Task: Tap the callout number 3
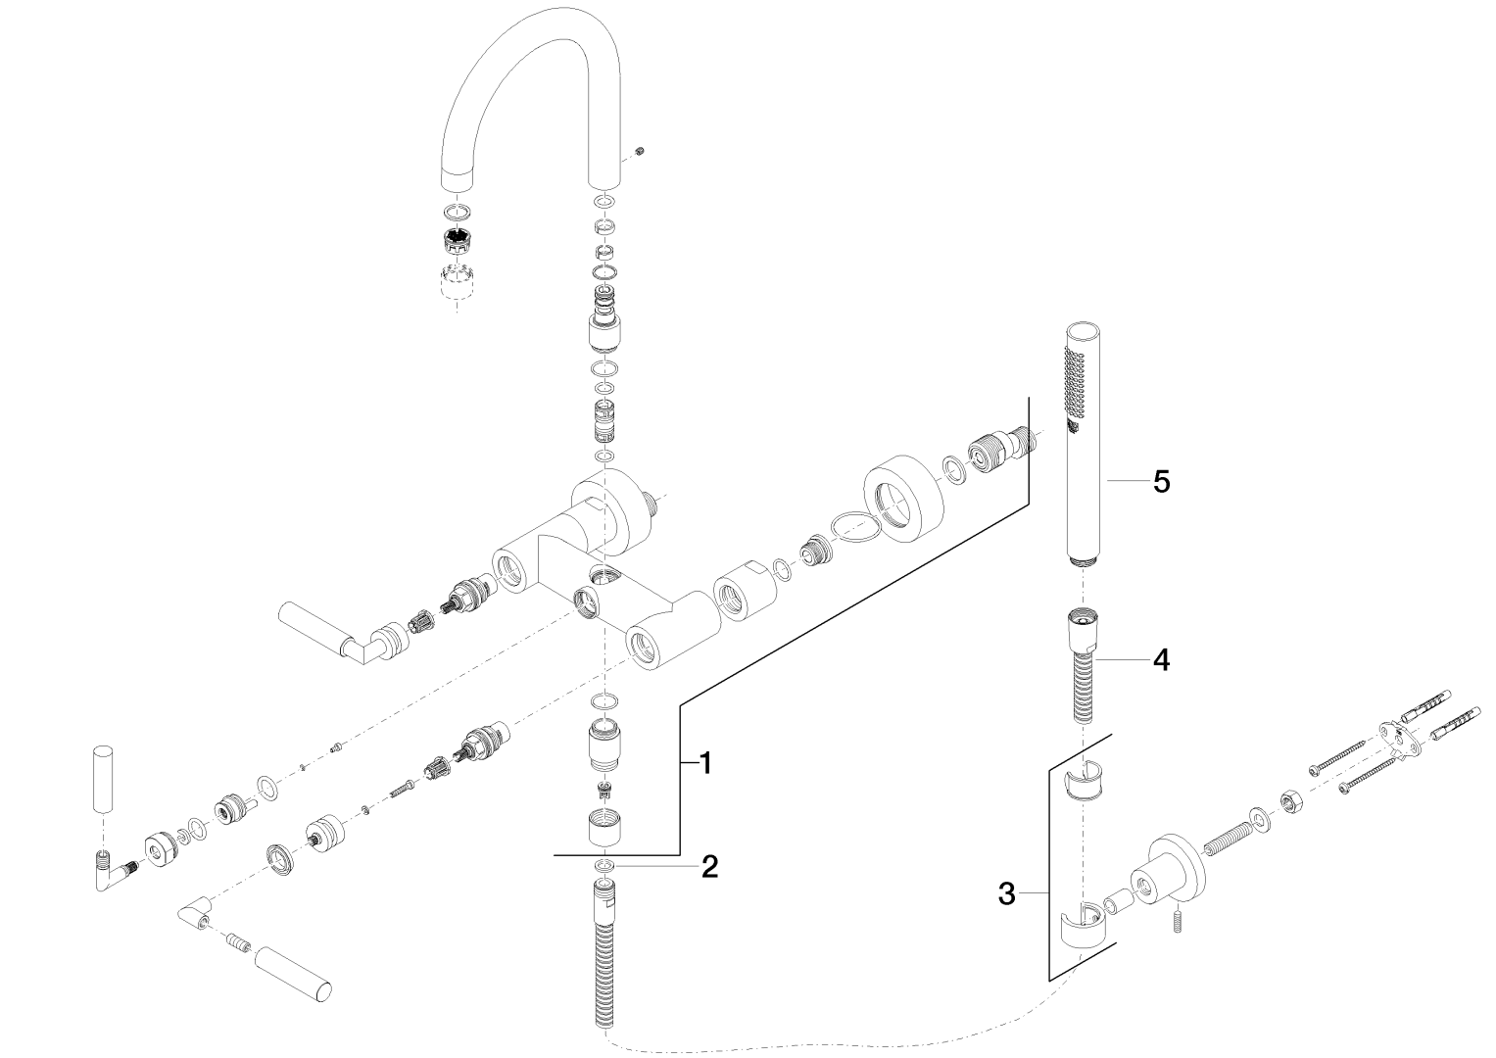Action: coord(1005,892)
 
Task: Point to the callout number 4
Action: coord(1160,660)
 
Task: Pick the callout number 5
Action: coord(1161,481)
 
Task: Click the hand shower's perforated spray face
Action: coord(1073,383)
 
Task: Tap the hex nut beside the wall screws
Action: coord(1290,800)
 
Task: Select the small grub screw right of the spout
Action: coord(640,150)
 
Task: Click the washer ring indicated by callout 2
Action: coord(605,865)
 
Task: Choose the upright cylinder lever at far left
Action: coord(101,780)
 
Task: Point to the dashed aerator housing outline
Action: coord(458,282)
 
